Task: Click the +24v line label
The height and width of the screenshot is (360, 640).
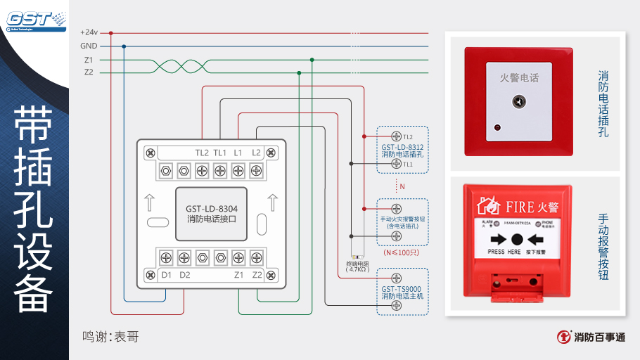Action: [x=89, y=32]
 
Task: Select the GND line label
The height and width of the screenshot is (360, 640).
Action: [x=89, y=46]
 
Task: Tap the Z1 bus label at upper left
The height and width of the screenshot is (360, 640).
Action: [x=89, y=60]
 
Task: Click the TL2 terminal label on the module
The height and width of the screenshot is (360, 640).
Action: [x=202, y=153]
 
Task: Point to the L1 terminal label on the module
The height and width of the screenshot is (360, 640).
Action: [x=238, y=153]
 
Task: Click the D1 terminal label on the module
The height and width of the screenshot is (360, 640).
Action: [x=167, y=274]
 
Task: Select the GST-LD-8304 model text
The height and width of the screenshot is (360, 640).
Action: [x=211, y=209]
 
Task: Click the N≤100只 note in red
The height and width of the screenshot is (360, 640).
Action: [x=402, y=252]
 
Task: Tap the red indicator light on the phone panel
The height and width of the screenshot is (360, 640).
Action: [x=497, y=128]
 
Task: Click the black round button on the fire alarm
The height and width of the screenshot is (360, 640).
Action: [x=517, y=239]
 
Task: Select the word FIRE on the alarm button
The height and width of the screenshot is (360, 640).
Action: [x=520, y=207]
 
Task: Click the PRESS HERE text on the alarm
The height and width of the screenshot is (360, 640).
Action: [x=504, y=252]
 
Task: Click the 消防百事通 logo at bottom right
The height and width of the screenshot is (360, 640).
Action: [x=590, y=337]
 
